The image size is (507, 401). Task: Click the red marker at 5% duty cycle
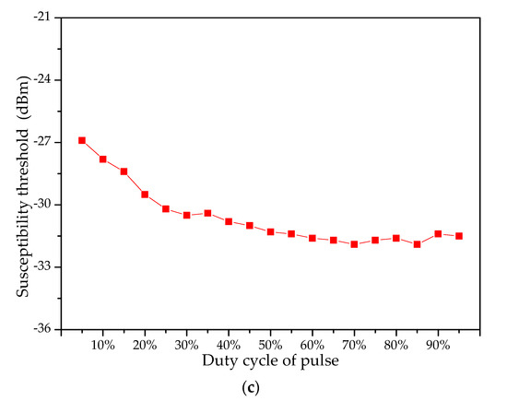tap(82, 140)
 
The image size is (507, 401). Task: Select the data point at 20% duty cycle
tap(145, 195)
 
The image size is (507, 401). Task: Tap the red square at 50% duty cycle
tap(270, 232)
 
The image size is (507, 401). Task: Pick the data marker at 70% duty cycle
tap(354, 244)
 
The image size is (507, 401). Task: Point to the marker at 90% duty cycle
tap(438, 234)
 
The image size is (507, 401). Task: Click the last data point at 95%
tap(458, 236)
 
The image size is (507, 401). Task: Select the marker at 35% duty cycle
tap(207, 213)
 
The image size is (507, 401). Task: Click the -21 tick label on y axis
tap(40, 18)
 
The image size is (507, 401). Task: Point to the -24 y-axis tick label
tap(40, 80)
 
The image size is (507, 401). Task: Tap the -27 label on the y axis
tap(40, 142)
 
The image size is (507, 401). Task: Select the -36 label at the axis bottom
tap(40, 329)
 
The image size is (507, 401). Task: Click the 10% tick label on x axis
tap(103, 345)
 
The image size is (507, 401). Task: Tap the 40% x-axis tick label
tap(229, 345)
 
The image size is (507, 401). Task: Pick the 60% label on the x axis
tap(312, 345)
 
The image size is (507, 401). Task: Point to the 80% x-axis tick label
tap(396, 345)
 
